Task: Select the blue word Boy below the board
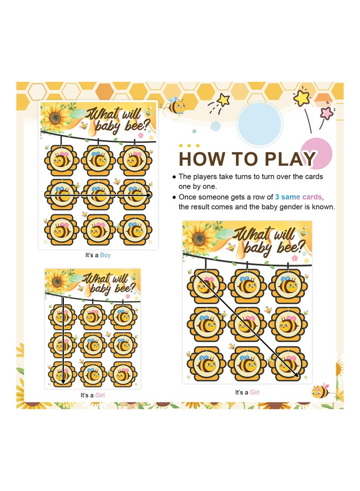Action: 105,255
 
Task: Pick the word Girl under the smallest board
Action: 99,395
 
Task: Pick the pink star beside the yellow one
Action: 327,113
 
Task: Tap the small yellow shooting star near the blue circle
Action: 223,100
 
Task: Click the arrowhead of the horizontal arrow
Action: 150,195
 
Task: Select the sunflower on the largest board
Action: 199,239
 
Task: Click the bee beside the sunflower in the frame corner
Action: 320,391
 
